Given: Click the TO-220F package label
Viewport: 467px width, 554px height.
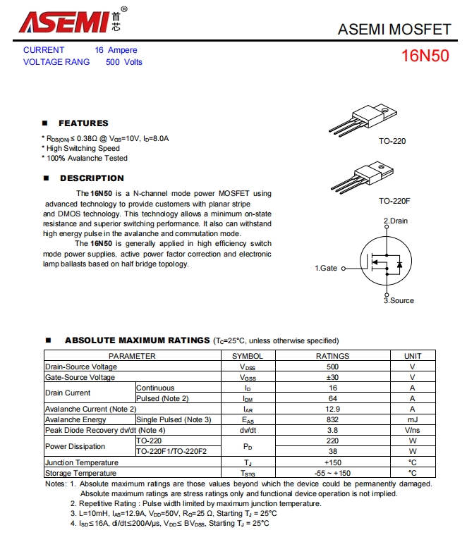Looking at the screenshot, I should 394,201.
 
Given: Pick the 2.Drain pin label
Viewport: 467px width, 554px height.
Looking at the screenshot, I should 396,221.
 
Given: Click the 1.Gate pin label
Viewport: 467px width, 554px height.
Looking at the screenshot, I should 326,268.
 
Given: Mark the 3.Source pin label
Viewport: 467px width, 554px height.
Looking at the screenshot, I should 399,300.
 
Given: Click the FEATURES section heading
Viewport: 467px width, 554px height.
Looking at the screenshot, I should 83,123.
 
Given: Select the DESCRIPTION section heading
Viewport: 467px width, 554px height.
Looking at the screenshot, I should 92,178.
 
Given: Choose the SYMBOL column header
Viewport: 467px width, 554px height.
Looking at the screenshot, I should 248,356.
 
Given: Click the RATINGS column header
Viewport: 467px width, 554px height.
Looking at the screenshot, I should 332,356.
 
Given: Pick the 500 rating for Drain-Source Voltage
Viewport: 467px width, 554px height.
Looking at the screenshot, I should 332,367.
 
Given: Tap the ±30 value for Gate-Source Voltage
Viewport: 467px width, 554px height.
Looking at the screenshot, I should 332,377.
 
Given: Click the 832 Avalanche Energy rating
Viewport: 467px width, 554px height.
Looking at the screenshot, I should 332,419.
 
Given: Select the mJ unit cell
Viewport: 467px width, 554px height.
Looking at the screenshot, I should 413,419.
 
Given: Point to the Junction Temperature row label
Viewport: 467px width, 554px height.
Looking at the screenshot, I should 81,462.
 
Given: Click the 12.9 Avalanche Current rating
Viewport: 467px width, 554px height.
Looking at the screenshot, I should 332,409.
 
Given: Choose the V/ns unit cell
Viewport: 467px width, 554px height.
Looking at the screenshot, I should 413,430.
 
